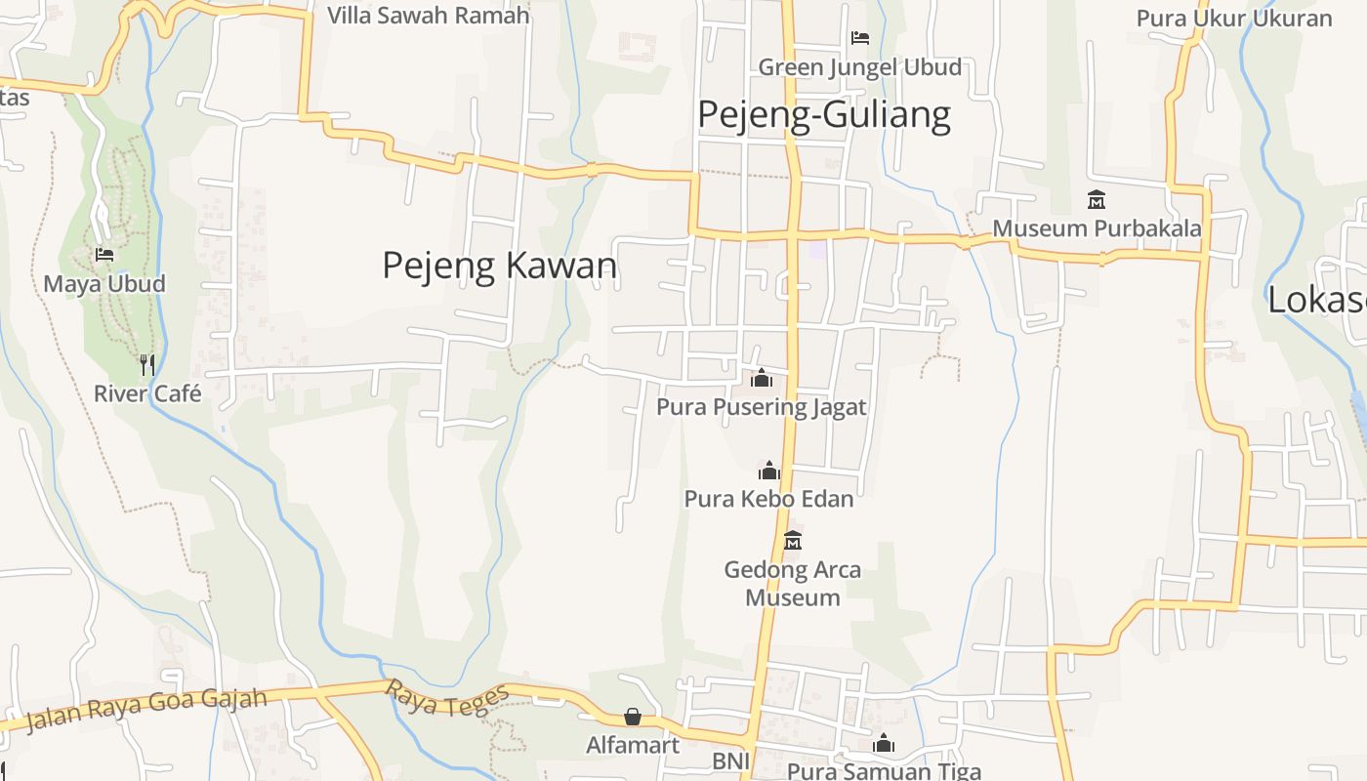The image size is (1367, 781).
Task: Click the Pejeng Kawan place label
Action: [499, 266]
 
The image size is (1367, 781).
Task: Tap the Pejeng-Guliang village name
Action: [823, 115]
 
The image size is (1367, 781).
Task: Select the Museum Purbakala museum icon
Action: [1096, 200]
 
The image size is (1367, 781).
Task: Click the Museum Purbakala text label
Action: [1097, 228]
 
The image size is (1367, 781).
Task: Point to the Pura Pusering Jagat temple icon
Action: [762, 378]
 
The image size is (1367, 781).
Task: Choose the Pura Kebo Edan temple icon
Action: [769, 471]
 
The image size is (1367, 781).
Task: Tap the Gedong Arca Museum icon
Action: [793, 540]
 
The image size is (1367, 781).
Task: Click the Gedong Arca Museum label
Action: [793, 583]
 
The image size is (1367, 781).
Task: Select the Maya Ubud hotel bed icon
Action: [104, 255]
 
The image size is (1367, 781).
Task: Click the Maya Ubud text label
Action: [104, 284]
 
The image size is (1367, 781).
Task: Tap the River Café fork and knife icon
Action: [146, 365]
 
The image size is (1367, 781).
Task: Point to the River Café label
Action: [147, 393]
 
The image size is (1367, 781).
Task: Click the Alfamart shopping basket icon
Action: [633, 718]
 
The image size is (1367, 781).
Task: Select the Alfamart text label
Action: [633, 746]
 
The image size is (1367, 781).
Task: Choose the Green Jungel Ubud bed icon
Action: [859, 38]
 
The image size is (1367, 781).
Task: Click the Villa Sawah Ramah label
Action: [429, 16]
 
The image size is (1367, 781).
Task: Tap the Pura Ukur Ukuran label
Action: [1234, 19]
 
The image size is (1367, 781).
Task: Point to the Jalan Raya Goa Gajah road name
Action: [146, 710]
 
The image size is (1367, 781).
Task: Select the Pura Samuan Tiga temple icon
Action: [884, 743]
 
